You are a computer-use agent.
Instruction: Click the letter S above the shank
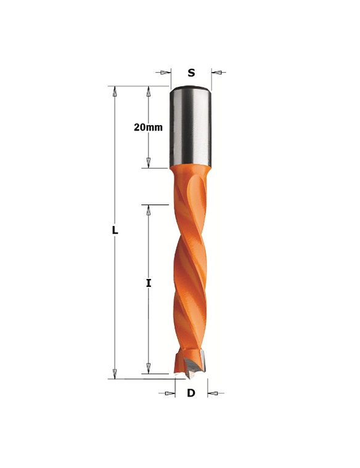click(x=191, y=73)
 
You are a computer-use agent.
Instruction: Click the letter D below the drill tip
click(x=191, y=393)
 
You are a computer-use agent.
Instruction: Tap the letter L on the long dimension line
click(x=115, y=230)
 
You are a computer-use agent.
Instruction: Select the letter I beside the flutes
click(x=149, y=283)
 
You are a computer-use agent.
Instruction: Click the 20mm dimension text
click(x=148, y=127)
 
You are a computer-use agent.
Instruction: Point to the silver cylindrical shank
click(x=190, y=127)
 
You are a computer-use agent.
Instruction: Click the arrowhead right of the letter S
click(x=216, y=73)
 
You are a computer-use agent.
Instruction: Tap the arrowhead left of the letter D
click(x=170, y=393)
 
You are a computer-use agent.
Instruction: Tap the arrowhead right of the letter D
click(x=213, y=393)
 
